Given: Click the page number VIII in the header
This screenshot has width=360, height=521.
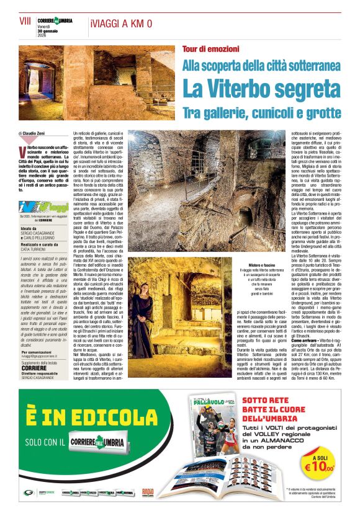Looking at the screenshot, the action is [25, 20].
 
